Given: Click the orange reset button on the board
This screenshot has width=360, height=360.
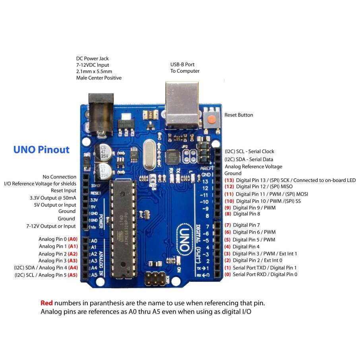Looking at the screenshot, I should pyautogui.click(x=213, y=118).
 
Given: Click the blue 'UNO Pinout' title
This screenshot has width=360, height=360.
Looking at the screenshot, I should pyautogui.click(x=41, y=150).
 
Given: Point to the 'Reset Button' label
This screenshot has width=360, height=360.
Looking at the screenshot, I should pyautogui.click(x=238, y=115).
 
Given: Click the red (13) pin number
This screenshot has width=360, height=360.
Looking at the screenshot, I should pyautogui.click(x=229, y=180).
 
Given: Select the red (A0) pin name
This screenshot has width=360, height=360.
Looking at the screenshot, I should pyautogui.click(x=72, y=239).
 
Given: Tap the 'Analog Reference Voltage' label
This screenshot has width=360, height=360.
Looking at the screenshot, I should pyautogui.click(x=254, y=166).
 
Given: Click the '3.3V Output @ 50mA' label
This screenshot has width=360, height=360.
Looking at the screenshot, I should pyautogui.click(x=53, y=197).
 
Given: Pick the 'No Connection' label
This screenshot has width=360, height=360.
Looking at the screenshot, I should pyautogui.click(x=60, y=177).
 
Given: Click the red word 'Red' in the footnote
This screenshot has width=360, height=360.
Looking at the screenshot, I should pyautogui.click(x=46, y=303).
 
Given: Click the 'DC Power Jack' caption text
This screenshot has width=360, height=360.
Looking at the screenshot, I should pyautogui.click(x=93, y=58).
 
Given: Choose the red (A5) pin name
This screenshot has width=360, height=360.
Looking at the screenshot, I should pyautogui.click(x=72, y=275).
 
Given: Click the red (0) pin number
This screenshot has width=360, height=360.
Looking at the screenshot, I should pyautogui.click(x=227, y=275).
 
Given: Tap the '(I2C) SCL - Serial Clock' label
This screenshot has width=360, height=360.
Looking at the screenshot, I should pyautogui.click(x=250, y=151).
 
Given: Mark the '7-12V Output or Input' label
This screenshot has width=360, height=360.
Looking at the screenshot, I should pyautogui.click(x=51, y=226).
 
